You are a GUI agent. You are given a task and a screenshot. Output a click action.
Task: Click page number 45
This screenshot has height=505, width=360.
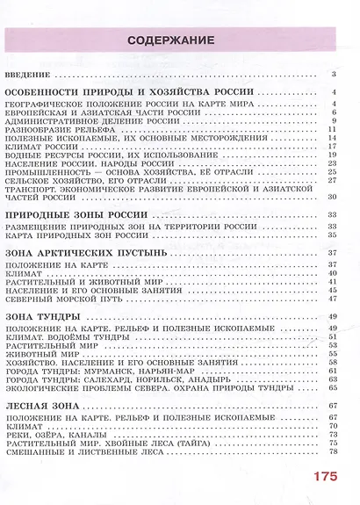pyautogui.click(x=334, y=299)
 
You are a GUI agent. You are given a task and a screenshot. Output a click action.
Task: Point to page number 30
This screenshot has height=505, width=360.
pyautogui.click(x=334, y=197)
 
